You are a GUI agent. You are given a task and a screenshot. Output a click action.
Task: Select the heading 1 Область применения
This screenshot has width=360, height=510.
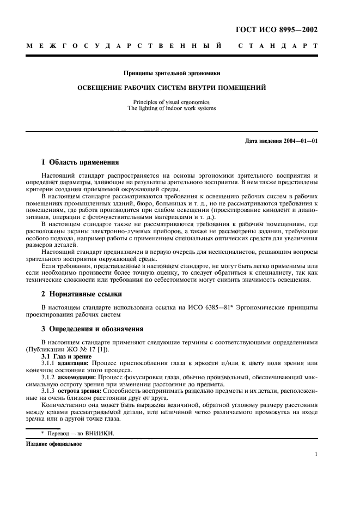(x=80, y=162)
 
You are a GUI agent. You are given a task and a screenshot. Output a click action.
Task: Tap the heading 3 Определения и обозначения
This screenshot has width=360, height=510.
(x=93, y=329)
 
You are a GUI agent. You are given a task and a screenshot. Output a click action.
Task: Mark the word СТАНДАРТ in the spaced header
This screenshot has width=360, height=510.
(x=277, y=46)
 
